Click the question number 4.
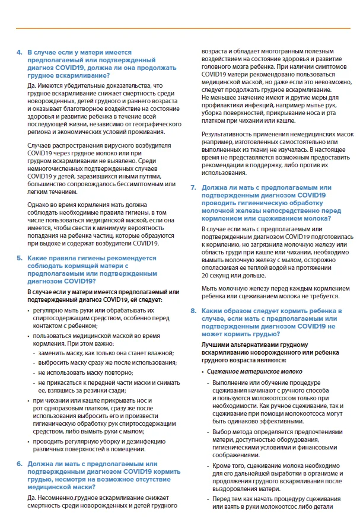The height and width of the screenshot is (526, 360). click(x=19, y=53)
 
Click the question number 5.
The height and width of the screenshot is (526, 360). click(x=19, y=258)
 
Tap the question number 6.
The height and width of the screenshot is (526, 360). click(x=19, y=464)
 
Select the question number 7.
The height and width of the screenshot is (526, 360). click(x=193, y=187)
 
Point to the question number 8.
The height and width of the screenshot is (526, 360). click(x=193, y=311)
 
